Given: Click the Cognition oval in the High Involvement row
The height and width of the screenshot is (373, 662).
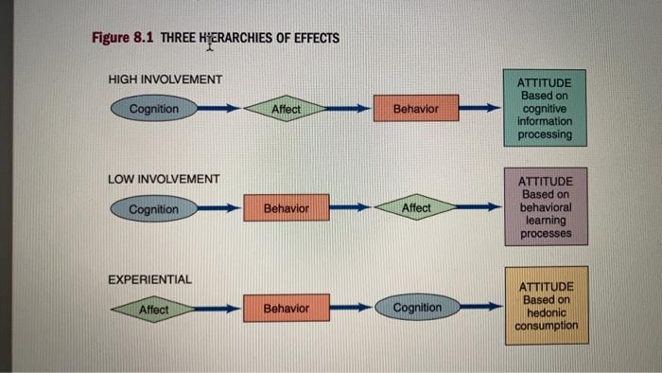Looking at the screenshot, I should click(x=153, y=109).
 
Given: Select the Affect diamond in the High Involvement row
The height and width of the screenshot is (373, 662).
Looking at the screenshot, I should click(x=285, y=109).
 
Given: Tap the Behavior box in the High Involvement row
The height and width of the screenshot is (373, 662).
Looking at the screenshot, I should click(x=416, y=109).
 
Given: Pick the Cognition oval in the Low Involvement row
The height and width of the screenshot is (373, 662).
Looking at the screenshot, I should click(x=153, y=209).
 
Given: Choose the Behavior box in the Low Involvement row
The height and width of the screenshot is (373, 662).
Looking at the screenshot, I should click(x=285, y=207).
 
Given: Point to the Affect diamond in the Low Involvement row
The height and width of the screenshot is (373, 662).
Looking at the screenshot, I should click(x=416, y=207).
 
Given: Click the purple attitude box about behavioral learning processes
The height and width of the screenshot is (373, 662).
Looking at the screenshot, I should click(x=546, y=207).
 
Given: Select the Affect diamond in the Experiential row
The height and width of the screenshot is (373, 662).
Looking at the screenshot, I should click(x=153, y=309).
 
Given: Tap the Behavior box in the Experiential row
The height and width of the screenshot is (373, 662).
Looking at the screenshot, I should click(x=285, y=309).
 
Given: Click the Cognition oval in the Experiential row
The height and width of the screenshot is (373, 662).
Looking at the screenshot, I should click(x=416, y=308).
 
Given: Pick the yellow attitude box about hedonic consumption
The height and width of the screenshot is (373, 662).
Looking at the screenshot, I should click(x=546, y=305).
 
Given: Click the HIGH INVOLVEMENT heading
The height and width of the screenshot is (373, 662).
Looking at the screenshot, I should click(x=165, y=78).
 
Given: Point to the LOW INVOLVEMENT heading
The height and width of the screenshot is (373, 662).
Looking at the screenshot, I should click(x=164, y=178).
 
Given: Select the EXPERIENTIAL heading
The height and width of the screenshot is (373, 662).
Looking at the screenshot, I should click(x=149, y=279).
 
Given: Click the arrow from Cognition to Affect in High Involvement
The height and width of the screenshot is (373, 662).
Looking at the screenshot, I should click(x=219, y=109).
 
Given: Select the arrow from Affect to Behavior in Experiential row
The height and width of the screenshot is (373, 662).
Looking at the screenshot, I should click(x=219, y=309).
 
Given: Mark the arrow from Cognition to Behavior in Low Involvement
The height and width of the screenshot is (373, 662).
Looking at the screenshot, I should click(x=219, y=208).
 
